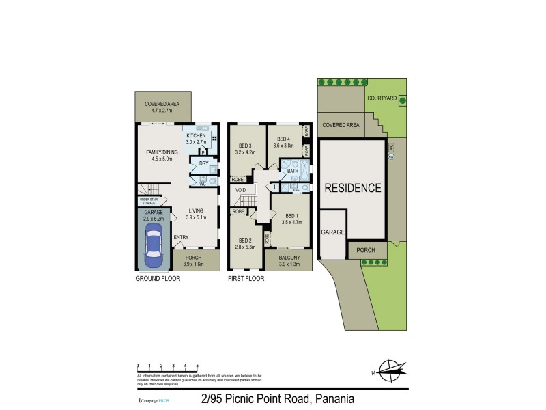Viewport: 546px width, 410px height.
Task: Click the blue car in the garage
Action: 154,247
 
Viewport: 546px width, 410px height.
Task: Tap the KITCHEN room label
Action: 196,136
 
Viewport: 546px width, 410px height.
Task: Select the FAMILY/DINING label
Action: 162,152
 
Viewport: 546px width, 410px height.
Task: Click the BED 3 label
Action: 246,146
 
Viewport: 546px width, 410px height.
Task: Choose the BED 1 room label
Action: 291,215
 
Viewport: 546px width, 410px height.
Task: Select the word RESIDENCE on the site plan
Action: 352,188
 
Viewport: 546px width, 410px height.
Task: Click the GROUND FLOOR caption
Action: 156,279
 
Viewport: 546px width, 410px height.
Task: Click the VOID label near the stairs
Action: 240,189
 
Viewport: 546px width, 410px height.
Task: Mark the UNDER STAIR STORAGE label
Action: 149,202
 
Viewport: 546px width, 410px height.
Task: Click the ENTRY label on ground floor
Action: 181,237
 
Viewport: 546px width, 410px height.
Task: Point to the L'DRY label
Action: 202,163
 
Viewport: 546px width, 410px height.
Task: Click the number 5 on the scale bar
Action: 197,366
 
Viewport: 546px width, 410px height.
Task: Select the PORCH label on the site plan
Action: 367,250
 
